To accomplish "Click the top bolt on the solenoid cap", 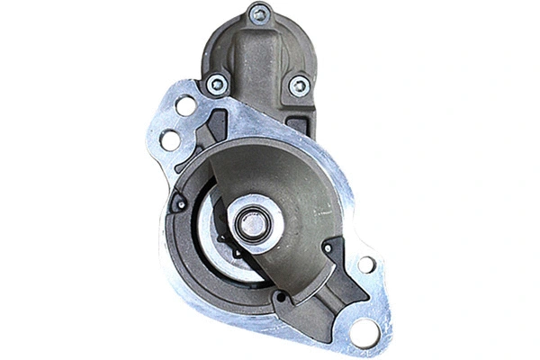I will [259, 14].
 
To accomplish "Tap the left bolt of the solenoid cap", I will [217, 85].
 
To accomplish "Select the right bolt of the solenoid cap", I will [299, 85].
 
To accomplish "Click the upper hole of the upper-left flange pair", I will [185, 106].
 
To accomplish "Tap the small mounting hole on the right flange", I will [366, 265].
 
